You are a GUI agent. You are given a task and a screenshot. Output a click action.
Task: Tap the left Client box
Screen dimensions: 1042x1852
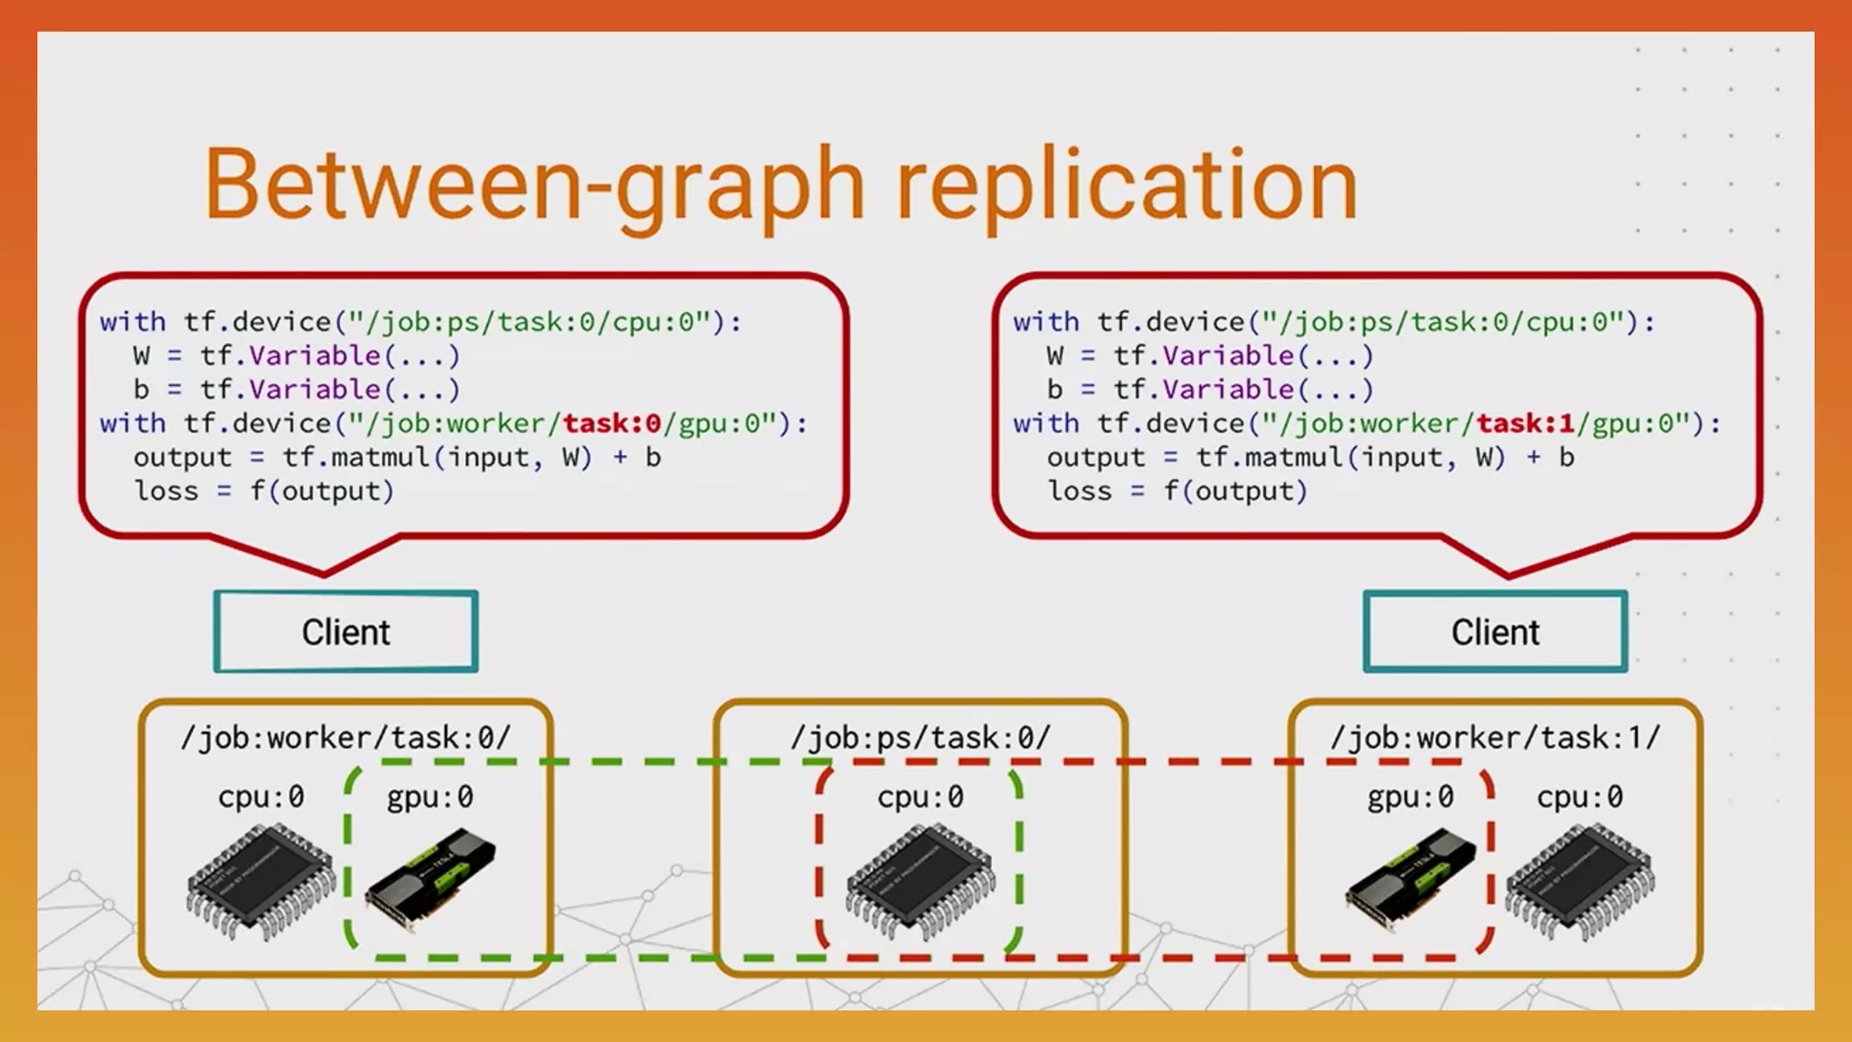click(x=345, y=632)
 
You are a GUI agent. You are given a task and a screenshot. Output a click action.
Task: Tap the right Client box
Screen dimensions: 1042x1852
click(x=1495, y=632)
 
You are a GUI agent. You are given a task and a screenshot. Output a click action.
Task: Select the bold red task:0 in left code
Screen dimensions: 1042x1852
click(x=612, y=423)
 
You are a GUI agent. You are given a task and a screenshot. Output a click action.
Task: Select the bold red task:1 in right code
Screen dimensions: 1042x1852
click(x=1526, y=423)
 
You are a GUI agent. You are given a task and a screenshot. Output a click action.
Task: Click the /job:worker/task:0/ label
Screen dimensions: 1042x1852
click(x=345, y=738)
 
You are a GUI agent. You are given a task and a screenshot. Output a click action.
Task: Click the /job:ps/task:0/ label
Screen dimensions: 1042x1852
click(x=921, y=738)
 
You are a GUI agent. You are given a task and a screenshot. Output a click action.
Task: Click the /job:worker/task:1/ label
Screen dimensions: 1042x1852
click(x=1495, y=738)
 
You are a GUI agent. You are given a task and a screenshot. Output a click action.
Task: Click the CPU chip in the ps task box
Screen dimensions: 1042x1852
click(x=921, y=882)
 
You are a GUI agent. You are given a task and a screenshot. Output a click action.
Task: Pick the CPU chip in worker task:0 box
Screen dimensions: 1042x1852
click(x=260, y=882)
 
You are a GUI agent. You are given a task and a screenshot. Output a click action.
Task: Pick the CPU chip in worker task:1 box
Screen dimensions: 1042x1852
click(x=1580, y=882)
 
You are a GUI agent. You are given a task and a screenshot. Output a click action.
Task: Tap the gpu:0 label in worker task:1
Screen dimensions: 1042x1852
click(x=1410, y=797)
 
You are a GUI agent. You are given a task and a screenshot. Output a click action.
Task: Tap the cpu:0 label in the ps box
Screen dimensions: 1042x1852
click(x=921, y=797)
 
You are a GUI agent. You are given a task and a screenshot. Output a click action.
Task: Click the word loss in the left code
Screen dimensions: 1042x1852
click(x=166, y=491)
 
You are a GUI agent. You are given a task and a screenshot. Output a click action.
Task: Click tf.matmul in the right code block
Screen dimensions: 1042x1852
click(x=1270, y=458)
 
